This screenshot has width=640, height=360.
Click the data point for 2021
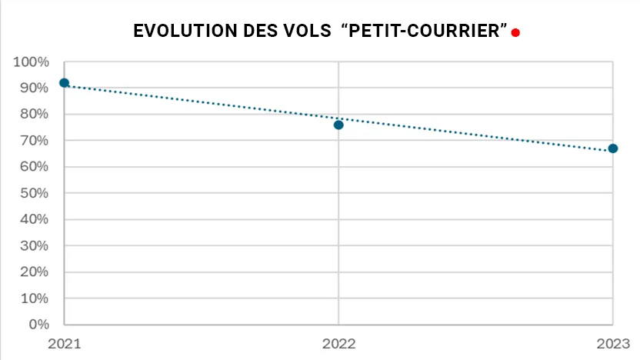click(64, 82)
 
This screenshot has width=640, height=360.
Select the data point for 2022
click(338, 125)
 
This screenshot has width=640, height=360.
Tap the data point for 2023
click(613, 148)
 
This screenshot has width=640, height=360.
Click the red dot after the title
click(515, 32)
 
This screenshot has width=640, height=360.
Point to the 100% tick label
click(32, 62)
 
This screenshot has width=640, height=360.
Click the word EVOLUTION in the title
click(182, 32)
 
